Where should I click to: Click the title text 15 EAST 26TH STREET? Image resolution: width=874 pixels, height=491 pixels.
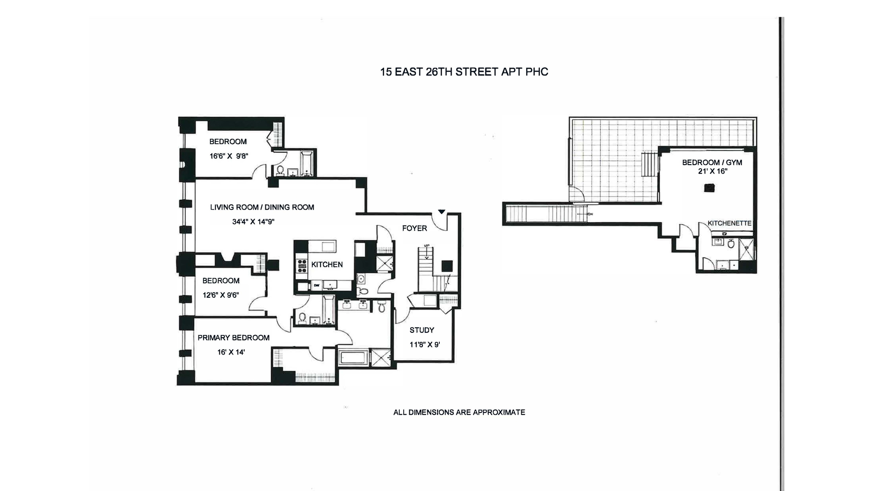pyautogui.click(x=464, y=72)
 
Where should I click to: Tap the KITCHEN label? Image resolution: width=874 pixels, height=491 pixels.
pyautogui.click(x=327, y=265)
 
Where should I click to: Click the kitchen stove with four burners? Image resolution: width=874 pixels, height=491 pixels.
pyautogui.click(x=301, y=266)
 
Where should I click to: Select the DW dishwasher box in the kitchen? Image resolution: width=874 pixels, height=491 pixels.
pyautogui.click(x=316, y=286)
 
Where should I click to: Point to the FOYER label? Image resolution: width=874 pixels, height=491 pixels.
pyautogui.click(x=414, y=228)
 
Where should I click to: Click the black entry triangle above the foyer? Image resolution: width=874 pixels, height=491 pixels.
pyautogui.click(x=441, y=211)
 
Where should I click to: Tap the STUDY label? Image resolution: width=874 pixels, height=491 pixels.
pyautogui.click(x=422, y=331)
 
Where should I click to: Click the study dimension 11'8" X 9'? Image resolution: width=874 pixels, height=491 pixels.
pyautogui.click(x=424, y=345)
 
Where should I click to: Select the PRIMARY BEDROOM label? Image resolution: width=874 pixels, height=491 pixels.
pyautogui.click(x=234, y=338)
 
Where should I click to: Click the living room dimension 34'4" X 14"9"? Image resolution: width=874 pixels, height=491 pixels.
pyautogui.click(x=253, y=222)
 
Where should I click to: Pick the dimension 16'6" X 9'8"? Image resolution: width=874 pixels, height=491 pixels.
pyautogui.click(x=229, y=156)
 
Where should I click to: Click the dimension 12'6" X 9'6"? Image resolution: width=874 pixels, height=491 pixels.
pyautogui.click(x=221, y=295)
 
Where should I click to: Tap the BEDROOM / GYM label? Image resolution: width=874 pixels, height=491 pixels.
pyautogui.click(x=712, y=162)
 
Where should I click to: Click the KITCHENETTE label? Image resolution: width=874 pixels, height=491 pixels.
pyautogui.click(x=729, y=223)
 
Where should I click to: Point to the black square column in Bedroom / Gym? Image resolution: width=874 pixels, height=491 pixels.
pyautogui.click(x=709, y=187)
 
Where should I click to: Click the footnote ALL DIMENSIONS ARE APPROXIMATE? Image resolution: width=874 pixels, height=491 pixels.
pyautogui.click(x=459, y=412)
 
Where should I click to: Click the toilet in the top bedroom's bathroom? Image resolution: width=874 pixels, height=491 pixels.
pyautogui.click(x=280, y=170)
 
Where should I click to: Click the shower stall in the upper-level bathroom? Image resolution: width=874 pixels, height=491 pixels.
pyautogui.click(x=746, y=250)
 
